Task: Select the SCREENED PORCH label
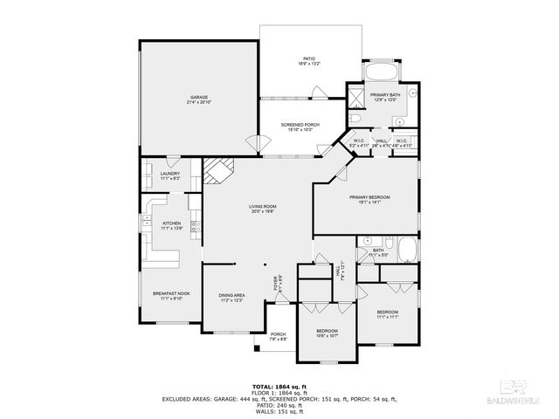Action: point(300,125)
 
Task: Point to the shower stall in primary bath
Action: point(356,98)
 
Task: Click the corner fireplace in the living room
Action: point(217,171)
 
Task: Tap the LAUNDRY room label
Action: point(170,174)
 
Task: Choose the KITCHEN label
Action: point(171,223)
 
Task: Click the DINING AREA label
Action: point(231,295)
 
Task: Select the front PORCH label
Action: point(278,334)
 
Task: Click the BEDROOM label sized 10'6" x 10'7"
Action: point(327,332)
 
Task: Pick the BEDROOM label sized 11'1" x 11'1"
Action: point(387,312)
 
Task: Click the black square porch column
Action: point(258,349)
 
